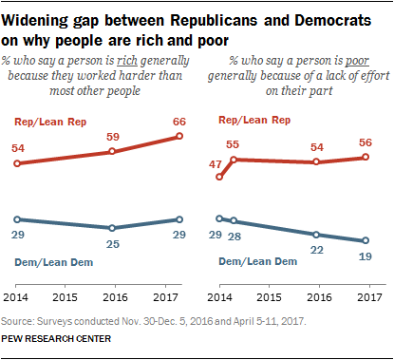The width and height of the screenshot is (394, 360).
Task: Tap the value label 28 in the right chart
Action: tap(235, 237)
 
